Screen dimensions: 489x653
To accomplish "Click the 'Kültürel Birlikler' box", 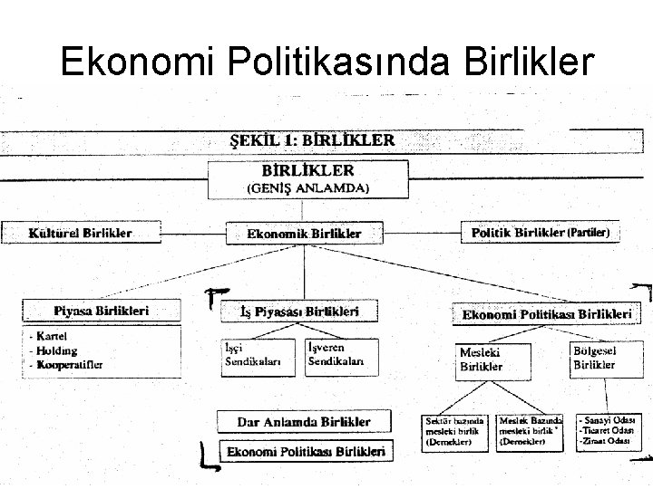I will click(x=83, y=233).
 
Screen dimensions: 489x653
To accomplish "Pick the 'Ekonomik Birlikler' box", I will click(x=304, y=233).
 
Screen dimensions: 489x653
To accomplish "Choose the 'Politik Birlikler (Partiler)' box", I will click(x=540, y=232).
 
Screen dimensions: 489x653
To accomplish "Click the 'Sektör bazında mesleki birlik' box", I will click(x=456, y=433).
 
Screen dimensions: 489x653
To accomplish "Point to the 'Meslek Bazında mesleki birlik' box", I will click(x=530, y=433).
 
